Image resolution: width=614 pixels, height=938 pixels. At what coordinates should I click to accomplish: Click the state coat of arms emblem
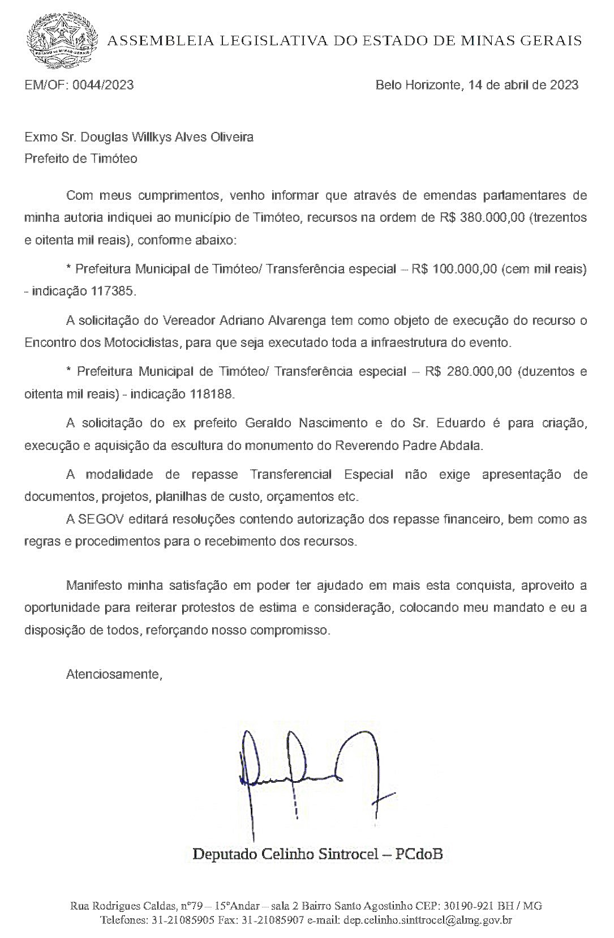(x=62, y=40)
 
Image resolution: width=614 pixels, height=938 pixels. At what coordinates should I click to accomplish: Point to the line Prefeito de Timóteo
(x=80, y=159)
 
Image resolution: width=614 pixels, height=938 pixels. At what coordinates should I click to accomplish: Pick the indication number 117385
(x=113, y=292)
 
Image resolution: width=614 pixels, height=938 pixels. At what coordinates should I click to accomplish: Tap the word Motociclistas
(x=142, y=342)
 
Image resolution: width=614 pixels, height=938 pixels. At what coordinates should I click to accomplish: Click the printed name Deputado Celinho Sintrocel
(x=285, y=853)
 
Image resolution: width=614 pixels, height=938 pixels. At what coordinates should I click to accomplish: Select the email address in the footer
(x=427, y=920)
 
